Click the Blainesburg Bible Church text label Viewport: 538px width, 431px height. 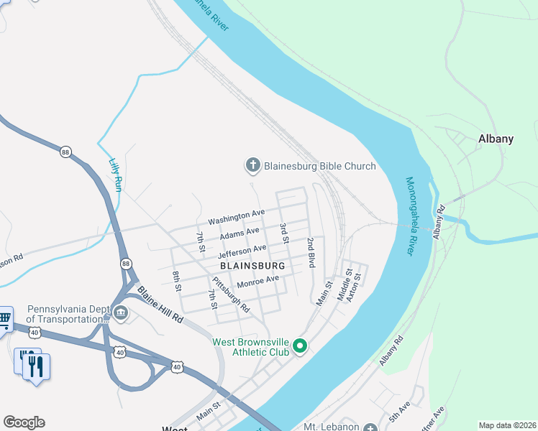[320, 166]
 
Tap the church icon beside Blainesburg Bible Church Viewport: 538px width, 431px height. [252, 166]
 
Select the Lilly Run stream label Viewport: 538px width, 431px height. [114, 175]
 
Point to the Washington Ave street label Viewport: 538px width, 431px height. [237, 215]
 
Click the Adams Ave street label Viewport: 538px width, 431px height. [240, 233]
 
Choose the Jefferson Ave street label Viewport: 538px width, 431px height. [242, 251]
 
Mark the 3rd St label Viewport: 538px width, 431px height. [283, 233]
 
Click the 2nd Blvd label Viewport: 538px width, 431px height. [311, 252]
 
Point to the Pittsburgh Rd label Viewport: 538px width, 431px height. [231, 295]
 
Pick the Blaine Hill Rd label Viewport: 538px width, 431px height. [160, 305]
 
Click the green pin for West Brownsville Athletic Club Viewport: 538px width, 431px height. [301, 348]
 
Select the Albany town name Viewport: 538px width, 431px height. [496, 139]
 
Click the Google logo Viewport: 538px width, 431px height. [24, 422]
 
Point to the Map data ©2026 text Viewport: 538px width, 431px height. [507, 425]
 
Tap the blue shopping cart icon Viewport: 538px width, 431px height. [4, 319]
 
